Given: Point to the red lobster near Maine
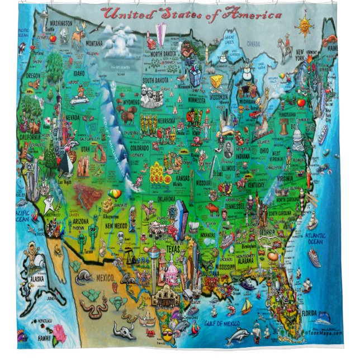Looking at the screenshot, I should [x=331, y=39].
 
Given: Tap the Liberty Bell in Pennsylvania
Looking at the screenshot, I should [x=284, y=127].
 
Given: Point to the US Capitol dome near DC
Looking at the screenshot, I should [x=298, y=136].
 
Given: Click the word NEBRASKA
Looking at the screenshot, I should [x=165, y=120].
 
